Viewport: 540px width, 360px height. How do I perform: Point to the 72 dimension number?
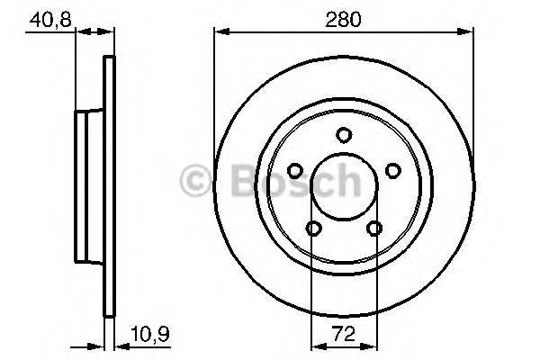[343, 334]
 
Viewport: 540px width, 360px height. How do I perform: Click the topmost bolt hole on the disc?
[343, 135]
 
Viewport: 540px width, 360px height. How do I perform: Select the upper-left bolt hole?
[294, 170]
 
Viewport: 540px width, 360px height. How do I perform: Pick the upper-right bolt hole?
[391, 170]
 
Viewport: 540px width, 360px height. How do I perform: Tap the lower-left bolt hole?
[312, 228]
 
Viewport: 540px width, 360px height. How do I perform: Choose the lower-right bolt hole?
[373, 228]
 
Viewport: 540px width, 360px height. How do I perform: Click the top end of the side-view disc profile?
[111, 60]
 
